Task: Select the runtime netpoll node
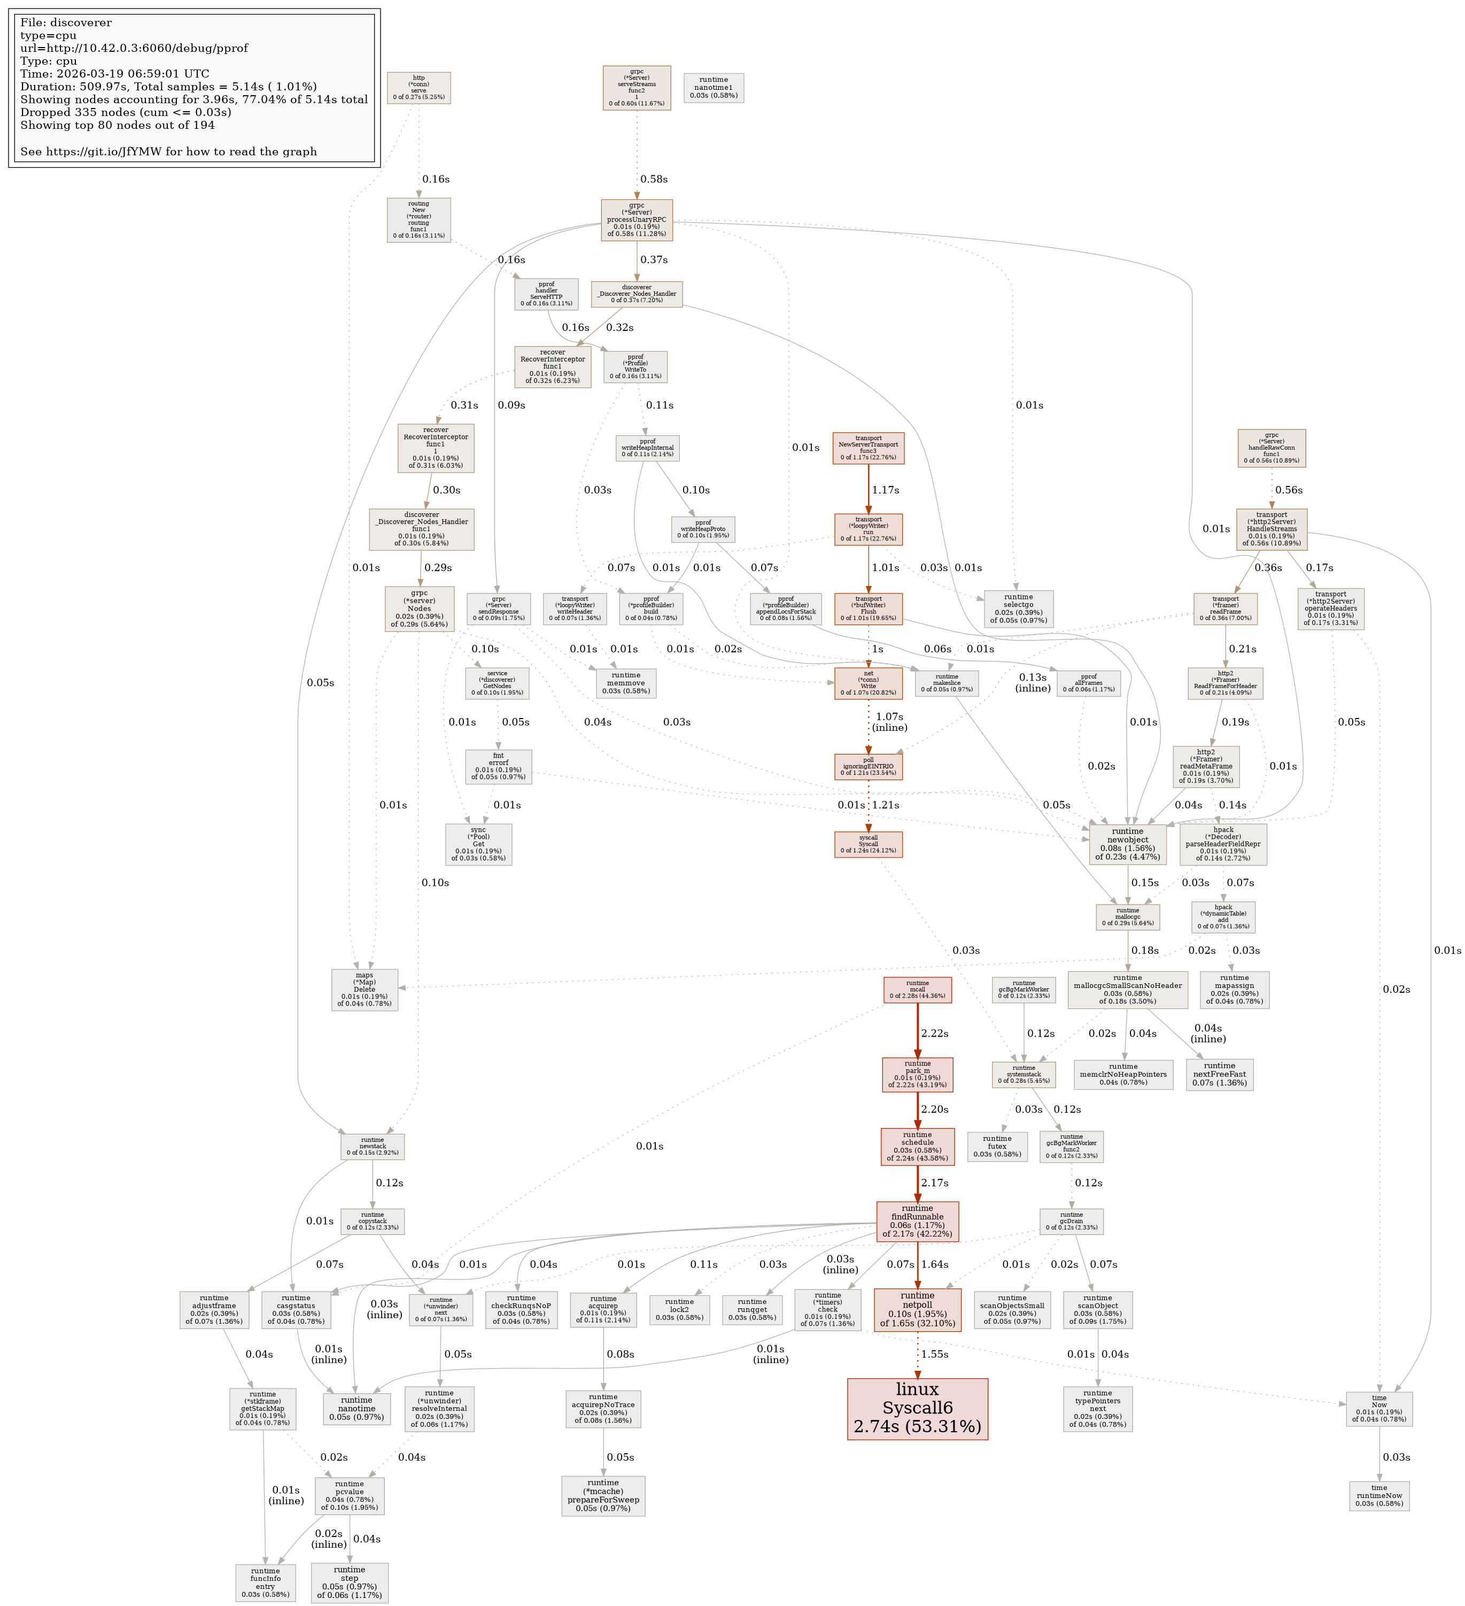917,1309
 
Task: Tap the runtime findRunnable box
917,1221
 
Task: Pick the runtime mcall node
917,990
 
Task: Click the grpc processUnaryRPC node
637,220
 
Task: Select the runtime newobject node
1127,844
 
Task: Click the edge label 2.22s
934,1033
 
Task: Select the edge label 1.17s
885,490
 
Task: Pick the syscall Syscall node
869,844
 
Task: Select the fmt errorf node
499,766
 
